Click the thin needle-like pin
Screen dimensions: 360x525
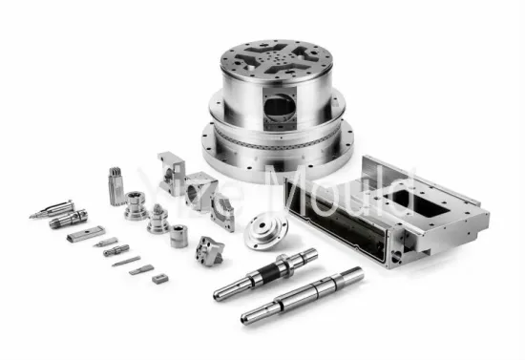click(125, 261)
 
